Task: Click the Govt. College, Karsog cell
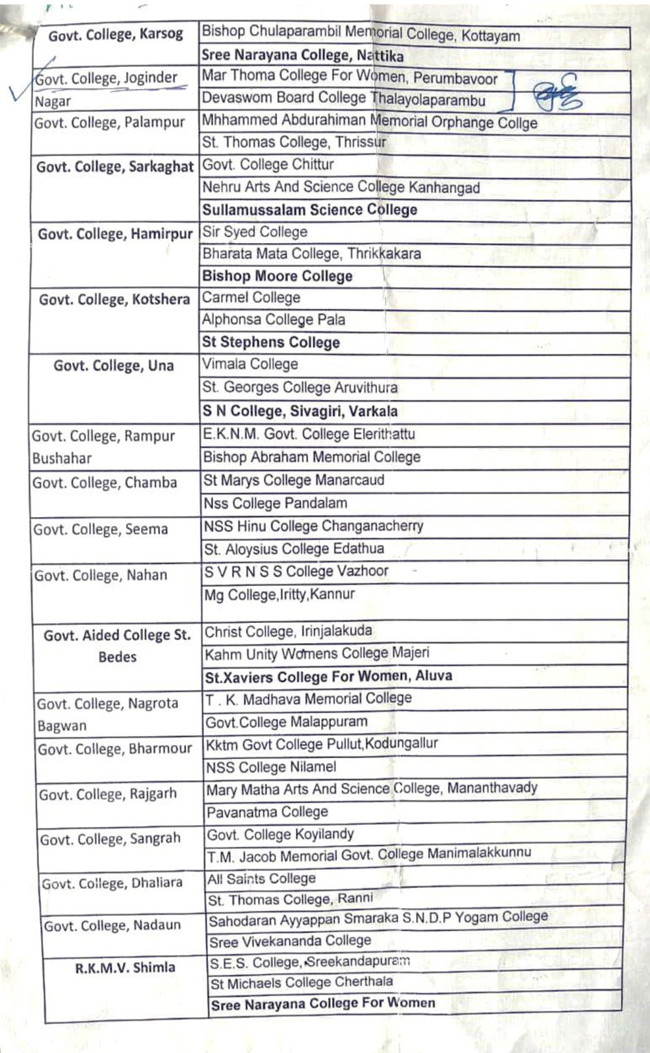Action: pos(116,34)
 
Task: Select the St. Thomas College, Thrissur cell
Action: pos(294,142)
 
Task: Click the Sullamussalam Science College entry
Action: pos(309,210)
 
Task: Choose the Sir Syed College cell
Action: pos(255,232)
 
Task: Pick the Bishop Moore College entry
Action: pos(277,276)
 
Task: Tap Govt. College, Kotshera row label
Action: pos(114,299)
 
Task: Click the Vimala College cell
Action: pos(250,364)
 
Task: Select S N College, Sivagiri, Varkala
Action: pos(300,411)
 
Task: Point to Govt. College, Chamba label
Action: pos(105,483)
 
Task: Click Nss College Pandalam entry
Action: pos(276,503)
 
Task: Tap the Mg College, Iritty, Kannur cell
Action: pos(279,594)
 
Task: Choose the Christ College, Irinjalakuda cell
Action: pos(289,631)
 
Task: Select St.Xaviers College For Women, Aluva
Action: pos(328,676)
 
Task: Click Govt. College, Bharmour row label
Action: pos(114,749)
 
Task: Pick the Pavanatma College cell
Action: pos(267,812)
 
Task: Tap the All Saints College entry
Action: pos(261,879)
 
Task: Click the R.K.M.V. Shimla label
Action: pos(125,968)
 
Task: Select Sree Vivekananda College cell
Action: pos(290,941)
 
